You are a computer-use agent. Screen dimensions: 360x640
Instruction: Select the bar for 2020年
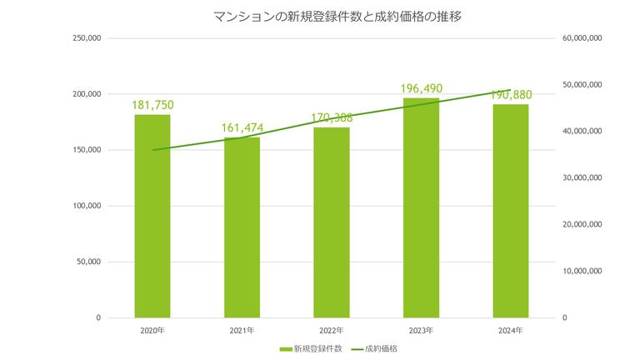(x=152, y=216)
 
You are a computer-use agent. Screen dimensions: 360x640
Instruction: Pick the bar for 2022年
(x=332, y=222)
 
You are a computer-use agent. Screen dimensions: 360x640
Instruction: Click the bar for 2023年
(x=421, y=207)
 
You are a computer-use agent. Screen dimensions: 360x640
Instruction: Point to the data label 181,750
(x=152, y=105)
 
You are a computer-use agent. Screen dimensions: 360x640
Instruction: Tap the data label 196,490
(x=421, y=88)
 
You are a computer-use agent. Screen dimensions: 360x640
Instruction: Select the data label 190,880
(x=510, y=94)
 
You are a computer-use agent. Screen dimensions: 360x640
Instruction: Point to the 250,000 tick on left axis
(x=87, y=38)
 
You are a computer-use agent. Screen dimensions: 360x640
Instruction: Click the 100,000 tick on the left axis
(x=87, y=206)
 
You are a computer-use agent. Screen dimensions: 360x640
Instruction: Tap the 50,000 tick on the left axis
(x=89, y=262)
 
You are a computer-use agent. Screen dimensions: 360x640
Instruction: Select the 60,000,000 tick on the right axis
(x=583, y=38)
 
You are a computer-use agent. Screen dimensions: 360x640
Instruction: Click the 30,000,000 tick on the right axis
(x=583, y=178)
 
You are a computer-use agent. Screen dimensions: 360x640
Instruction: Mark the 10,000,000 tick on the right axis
(x=583, y=271)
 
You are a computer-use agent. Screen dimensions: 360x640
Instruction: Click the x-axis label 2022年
(x=332, y=331)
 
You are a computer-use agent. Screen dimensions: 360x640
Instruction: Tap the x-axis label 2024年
(x=510, y=331)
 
